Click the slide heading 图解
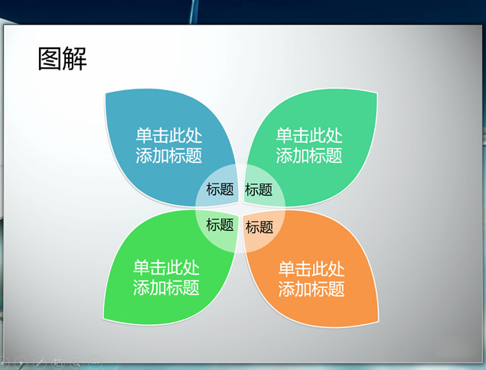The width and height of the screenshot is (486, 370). [62, 59]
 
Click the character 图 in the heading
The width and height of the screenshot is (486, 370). [50, 59]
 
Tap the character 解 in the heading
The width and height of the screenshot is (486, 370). [74, 59]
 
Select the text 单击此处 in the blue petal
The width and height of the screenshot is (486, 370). [169, 135]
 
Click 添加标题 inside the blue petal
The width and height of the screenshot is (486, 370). [169, 155]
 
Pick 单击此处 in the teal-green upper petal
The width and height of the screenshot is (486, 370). [309, 135]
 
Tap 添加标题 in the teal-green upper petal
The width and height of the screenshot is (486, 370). [309, 155]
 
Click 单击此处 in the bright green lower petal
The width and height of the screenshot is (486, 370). [166, 268]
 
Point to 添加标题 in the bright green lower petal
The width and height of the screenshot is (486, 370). [166, 287]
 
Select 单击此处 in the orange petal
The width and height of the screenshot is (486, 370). [311, 269]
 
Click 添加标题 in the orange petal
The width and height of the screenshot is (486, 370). [311, 289]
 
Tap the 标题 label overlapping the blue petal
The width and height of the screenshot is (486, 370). [220, 189]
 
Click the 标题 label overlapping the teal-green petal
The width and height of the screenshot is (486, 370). [259, 190]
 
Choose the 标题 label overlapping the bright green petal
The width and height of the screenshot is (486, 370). [220, 225]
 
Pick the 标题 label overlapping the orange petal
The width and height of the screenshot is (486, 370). [259, 227]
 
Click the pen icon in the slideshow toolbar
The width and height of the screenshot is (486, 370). [40, 362]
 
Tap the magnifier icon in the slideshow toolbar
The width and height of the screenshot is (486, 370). [77, 362]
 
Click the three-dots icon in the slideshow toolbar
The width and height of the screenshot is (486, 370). [95, 362]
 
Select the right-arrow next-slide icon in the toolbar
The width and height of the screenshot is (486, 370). [21, 362]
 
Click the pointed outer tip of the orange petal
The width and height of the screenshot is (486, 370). [378, 322]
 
